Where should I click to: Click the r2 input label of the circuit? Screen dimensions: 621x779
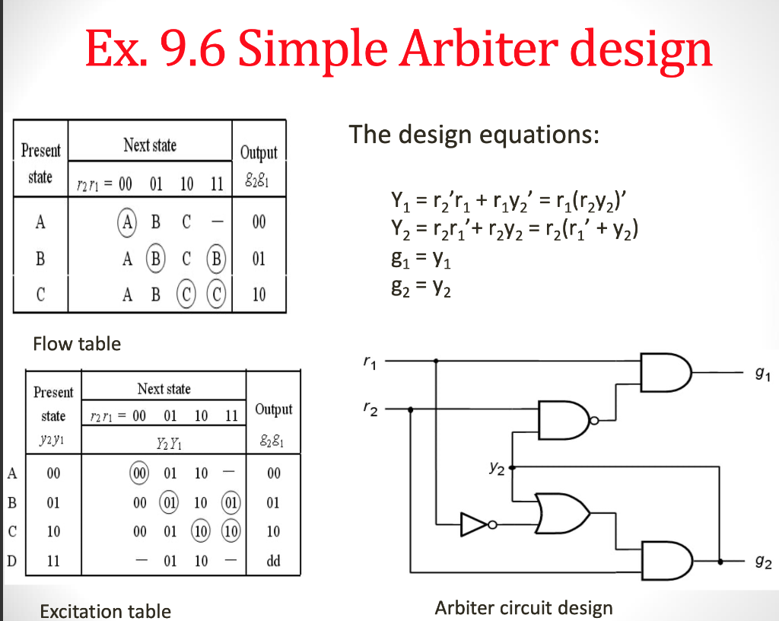(369, 409)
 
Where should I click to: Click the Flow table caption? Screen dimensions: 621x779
(77, 344)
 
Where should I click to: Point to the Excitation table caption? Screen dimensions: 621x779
(105, 611)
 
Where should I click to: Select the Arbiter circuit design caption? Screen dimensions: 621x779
(523, 608)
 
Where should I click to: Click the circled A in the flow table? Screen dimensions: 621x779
(126, 222)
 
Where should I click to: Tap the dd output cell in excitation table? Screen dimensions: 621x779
(274, 561)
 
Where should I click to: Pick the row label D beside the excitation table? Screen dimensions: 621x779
(11, 561)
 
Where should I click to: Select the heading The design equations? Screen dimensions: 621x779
(475, 135)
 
